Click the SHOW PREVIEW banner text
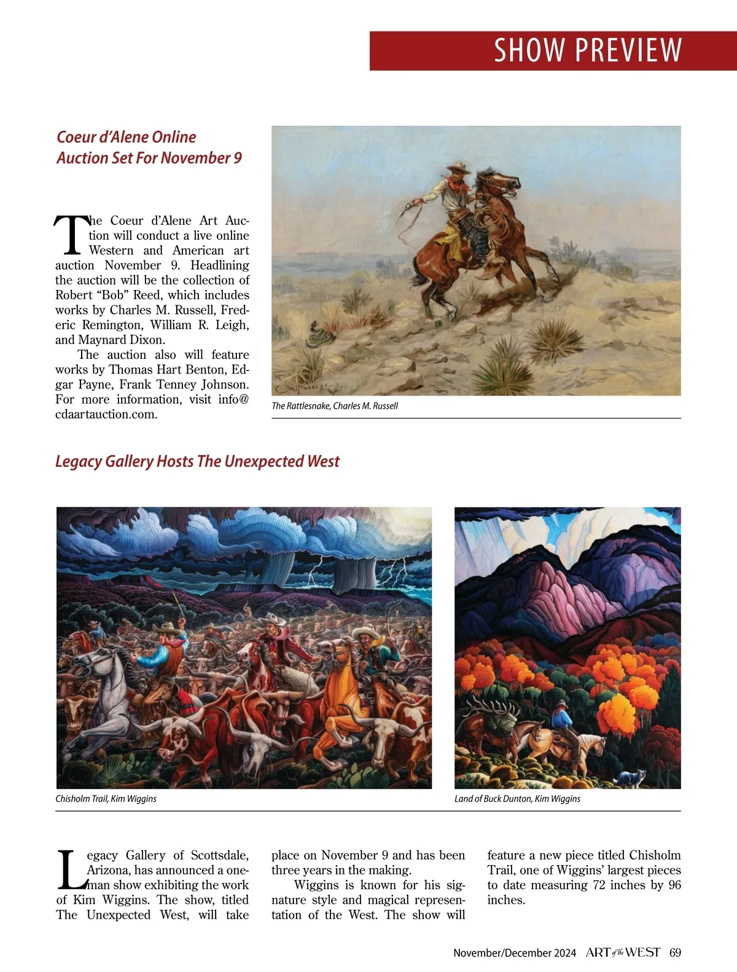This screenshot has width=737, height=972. click(x=588, y=50)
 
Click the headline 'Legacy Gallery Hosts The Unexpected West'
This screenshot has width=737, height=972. click(x=197, y=461)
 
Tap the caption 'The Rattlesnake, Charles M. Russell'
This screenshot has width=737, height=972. click(x=335, y=406)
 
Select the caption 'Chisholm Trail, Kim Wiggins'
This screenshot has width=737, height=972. click(x=106, y=799)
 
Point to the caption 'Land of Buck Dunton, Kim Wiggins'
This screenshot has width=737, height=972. click(x=517, y=799)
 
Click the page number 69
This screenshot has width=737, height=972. click(x=675, y=952)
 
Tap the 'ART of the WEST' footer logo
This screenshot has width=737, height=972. click(x=622, y=952)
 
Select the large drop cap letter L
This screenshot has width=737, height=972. click(x=71, y=870)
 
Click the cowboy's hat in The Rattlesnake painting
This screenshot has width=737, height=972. click(x=458, y=167)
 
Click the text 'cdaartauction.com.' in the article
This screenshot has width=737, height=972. click(x=106, y=414)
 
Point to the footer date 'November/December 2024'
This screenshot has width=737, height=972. click(x=515, y=953)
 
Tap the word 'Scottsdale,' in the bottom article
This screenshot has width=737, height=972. click(x=219, y=855)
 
